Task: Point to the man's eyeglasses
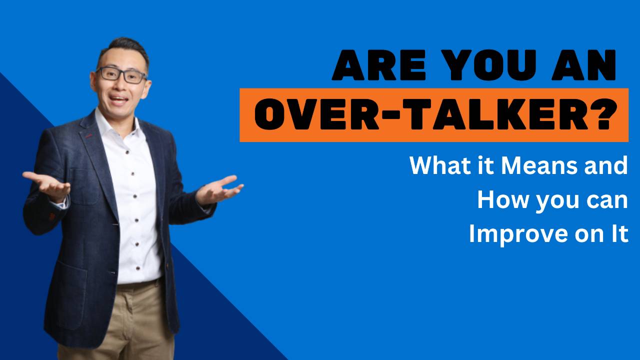point(121,75)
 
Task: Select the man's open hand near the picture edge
point(45,183)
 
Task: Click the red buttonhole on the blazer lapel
point(89,135)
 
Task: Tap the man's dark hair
point(123,47)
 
